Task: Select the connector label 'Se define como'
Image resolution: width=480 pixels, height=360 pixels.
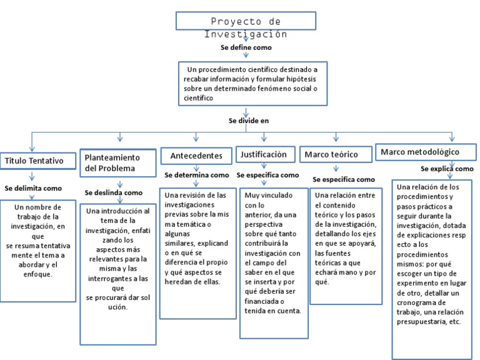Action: [246, 47]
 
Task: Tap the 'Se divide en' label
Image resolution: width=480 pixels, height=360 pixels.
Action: [248, 121]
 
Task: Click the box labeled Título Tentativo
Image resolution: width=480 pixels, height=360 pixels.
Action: [34, 161]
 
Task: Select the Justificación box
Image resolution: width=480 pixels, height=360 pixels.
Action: [265, 154]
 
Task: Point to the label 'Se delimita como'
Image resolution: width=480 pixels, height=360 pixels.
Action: [33, 187]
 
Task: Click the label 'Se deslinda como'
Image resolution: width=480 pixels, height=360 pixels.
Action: [113, 192]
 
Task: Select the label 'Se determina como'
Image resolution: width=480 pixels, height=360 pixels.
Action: [196, 175]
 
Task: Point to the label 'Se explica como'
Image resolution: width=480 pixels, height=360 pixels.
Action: [446, 169]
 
